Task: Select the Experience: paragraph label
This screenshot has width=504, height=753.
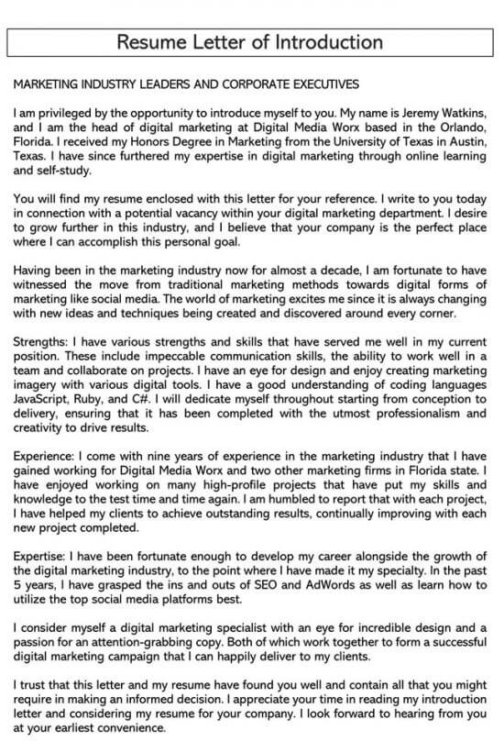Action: click(46, 457)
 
